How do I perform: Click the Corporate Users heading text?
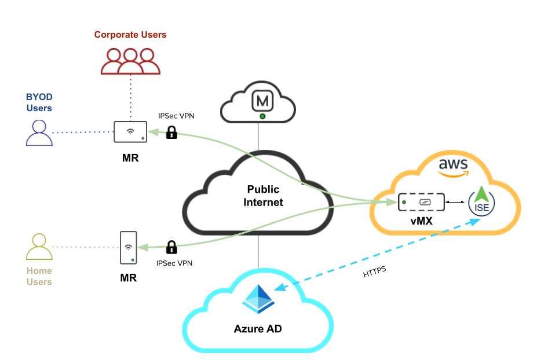[130, 35]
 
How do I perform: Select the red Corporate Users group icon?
[130, 61]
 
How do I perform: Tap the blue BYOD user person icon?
[39, 133]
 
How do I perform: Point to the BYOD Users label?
[39, 102]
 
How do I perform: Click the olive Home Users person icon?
[39, 247]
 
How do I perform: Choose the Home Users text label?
[39, 276]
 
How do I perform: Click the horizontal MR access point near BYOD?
[130, 132]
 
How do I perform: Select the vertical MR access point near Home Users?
[128, 248]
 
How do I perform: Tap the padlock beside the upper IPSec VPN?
[171, 133]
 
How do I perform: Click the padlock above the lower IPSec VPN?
[171, 247]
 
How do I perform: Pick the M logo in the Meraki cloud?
[262, 102]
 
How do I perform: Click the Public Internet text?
[263, 196]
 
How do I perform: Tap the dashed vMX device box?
[421, 202]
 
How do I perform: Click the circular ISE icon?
[481, 203]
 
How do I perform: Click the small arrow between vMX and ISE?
[456, 203]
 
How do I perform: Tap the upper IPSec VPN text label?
[177, 116]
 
